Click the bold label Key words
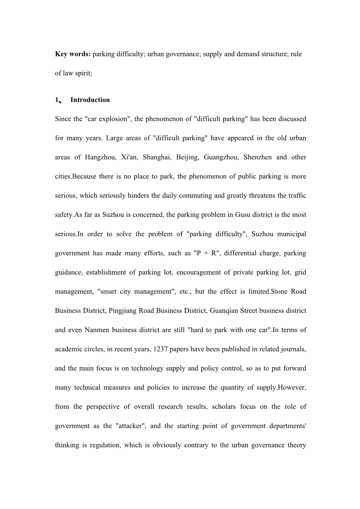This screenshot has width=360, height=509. pyautogui.click(x=73, y=54)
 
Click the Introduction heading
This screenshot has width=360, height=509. pyautogui.click(x=90, y=100)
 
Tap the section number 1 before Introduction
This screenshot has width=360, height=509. pyautogui.click(x=57, y=100)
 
